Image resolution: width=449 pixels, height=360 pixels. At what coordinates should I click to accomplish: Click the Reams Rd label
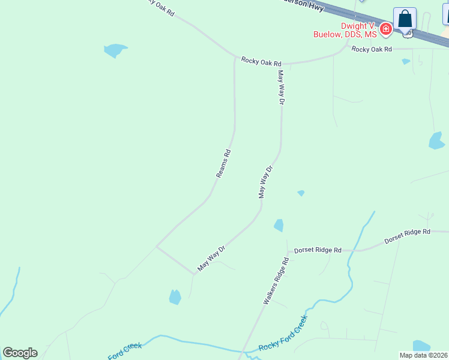point(223,163)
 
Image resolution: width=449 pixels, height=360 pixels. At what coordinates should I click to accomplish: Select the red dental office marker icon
point(385,28)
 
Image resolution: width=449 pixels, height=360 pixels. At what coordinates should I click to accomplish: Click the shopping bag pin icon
point(405,19)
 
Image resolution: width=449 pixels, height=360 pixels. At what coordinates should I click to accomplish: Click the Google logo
point(20,352)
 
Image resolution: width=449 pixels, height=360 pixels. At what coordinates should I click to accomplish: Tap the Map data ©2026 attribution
point(424,355)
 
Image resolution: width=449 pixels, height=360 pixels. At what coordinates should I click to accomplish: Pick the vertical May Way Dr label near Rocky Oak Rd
point(280,88)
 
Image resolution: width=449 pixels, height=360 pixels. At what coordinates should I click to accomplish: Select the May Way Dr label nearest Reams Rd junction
point(212,257)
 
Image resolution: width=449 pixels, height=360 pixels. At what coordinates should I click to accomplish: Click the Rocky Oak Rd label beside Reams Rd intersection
point(261,62)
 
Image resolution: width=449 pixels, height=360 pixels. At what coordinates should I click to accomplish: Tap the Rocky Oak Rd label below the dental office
point(372,49)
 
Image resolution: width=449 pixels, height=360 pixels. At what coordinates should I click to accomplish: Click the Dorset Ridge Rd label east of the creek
point(408,235)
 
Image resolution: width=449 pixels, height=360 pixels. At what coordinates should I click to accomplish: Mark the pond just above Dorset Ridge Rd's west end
point(279,226)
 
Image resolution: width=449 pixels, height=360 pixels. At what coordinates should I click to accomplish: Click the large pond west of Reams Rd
point(115,50)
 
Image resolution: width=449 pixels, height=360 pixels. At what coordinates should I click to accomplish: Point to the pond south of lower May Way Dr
point(175,296)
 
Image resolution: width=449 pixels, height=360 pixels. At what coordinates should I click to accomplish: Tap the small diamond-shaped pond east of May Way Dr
point(301,193)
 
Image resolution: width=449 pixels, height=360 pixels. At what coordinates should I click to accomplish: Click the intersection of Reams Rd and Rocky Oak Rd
point(235,59)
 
